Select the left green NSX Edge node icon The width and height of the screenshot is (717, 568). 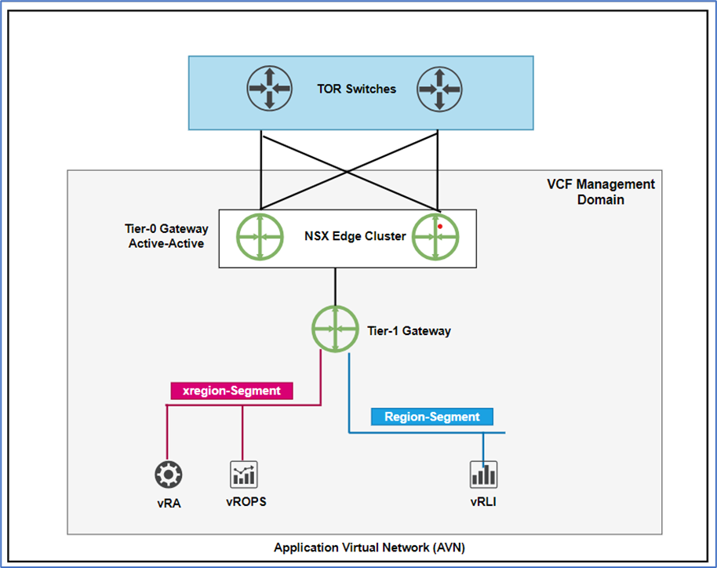(x=260, y=235)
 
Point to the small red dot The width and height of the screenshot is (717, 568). (x=440, y=227)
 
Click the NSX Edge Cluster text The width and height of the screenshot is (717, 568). (x=355, y=235)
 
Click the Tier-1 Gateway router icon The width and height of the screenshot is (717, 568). (x=335, y=330)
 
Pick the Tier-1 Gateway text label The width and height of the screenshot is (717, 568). (x=409, y=331)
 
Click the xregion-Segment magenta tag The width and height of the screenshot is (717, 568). (x=231, y=391)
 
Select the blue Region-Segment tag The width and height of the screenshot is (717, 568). (x=432, y=417)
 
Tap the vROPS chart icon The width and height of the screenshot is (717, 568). (x=244, y=474)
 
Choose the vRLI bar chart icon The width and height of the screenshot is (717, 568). (x=484, y=474)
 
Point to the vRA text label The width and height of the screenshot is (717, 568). (x=168, y=504)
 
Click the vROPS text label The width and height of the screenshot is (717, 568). (x=244, y=502)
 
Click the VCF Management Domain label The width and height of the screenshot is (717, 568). (x=600, y=191)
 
